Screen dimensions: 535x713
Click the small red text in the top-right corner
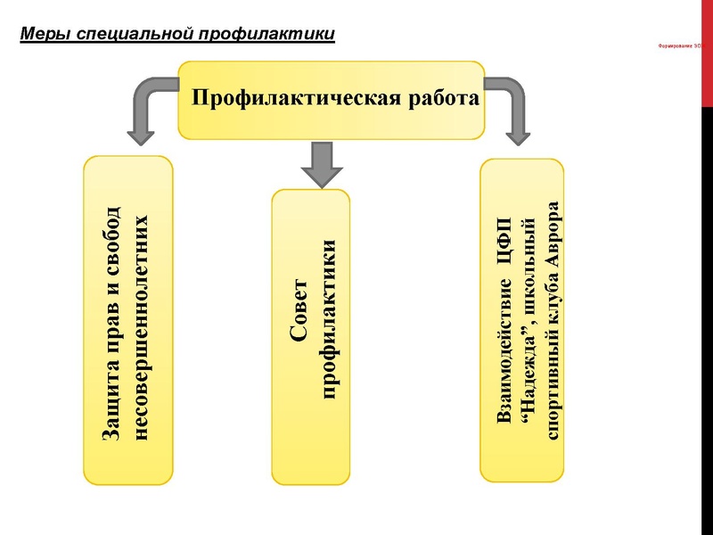pyautogui.click(x=686, y=46)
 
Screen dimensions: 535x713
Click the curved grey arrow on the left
pyautogui.click(x=147, y=107)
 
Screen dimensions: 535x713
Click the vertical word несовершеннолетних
pyautogui.click(x=139, y=326)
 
